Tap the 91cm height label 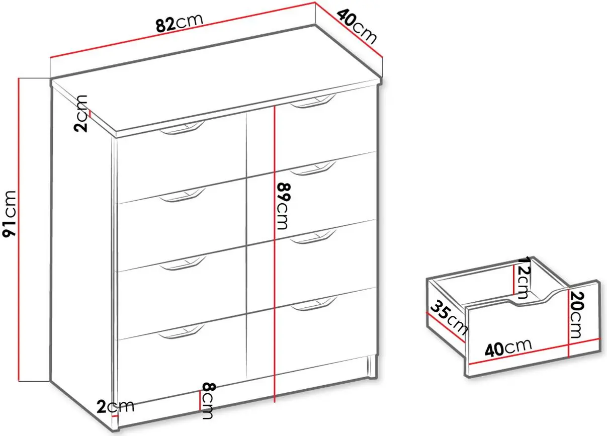(x=9, y=214)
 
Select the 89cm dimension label (x=284, y=206)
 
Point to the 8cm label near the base (x=209, y=401)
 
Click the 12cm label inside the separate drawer (x=523, y=277)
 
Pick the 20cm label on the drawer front (x=577, y=315)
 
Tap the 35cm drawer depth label (x=449, y=318)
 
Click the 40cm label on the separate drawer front (x=508, y=347)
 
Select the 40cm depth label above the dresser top (x=357, y=26)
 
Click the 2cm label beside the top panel (x=81, y=113)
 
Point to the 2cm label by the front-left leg (x=116, y=406)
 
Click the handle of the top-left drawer (x=182, y=128)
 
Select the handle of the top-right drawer (x=313, y=101)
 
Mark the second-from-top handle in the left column (x=183, y=195)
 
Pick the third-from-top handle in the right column (x=313, y=236)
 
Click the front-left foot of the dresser (x=116, y=425)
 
